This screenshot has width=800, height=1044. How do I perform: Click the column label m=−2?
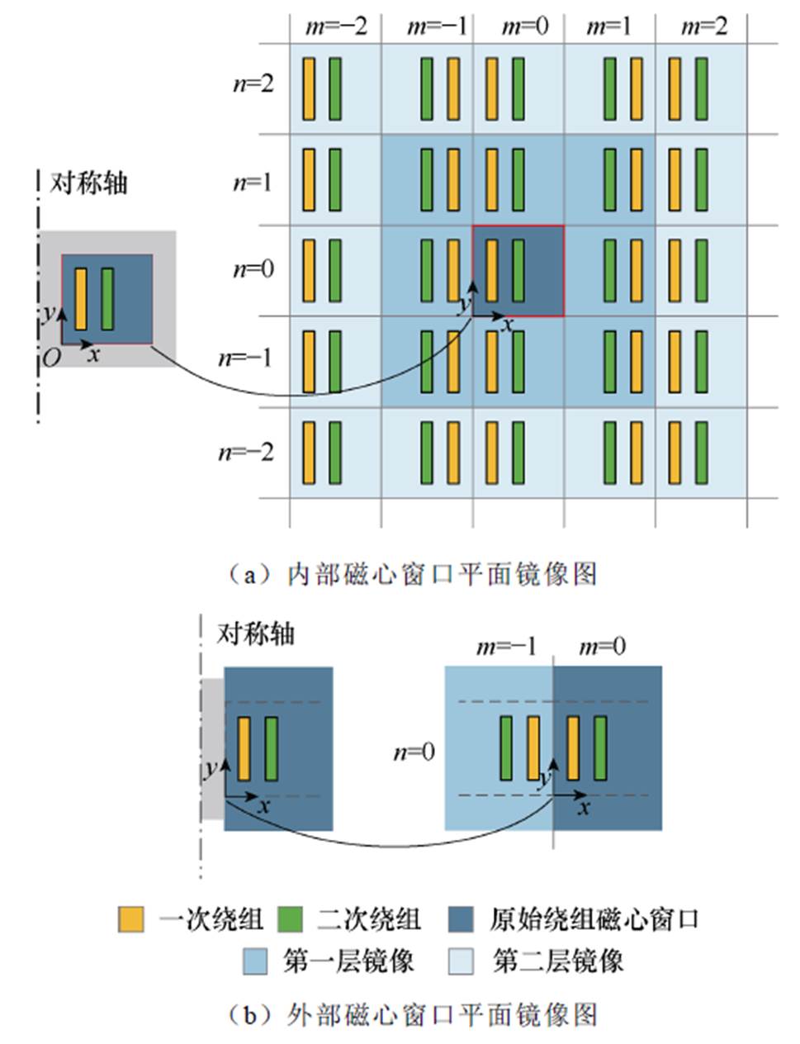click(336, 26)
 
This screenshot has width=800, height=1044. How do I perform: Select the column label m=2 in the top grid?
click(704, 26)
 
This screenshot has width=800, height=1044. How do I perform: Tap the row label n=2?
click(253, 84)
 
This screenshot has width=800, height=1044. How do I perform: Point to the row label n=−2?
click(246, 452)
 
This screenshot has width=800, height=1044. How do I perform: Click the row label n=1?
click(253, 181)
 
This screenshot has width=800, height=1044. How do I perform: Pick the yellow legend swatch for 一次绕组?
click(130, 919)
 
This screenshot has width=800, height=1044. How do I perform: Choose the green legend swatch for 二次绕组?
click(291, 919)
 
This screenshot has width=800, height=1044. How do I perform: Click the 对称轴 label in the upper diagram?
click(89, 183)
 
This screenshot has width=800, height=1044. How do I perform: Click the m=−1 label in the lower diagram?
click(506, 646)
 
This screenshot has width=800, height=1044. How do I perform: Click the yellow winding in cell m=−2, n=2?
click(309, 88)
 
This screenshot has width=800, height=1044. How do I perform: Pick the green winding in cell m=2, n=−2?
click(701, 453)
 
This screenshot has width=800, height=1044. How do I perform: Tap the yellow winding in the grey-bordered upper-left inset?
click(81, 299)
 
